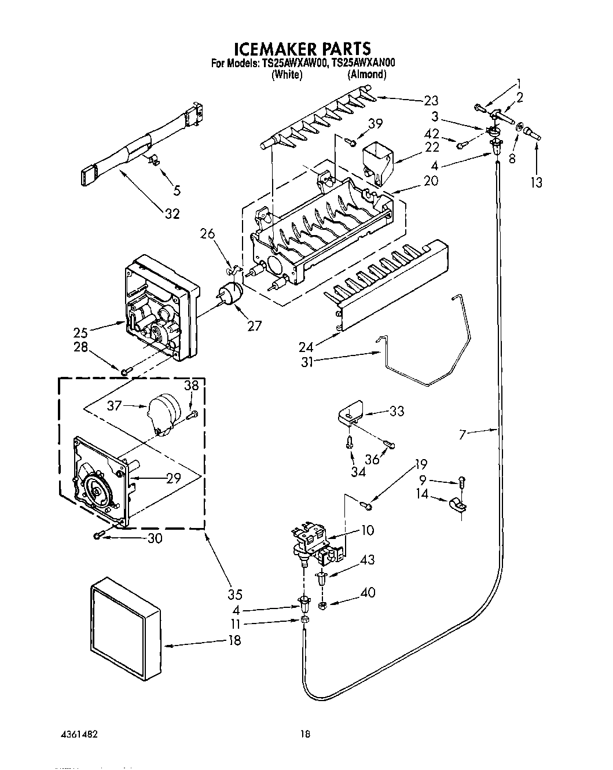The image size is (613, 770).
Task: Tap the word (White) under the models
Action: point(287,75)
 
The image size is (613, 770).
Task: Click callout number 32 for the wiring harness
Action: point(172,214)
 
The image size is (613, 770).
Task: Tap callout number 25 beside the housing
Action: point(80,332)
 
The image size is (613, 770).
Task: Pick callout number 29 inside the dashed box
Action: point(172,478)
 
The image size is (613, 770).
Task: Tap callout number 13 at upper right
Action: point(537,182)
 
